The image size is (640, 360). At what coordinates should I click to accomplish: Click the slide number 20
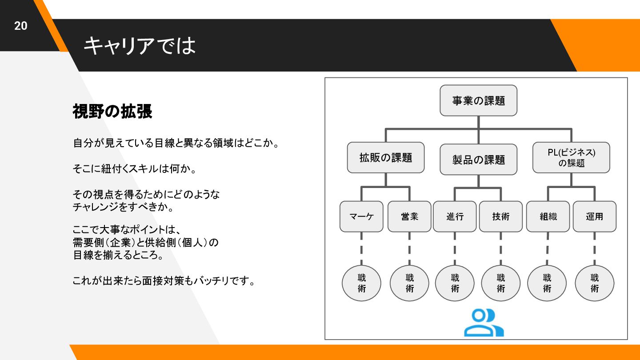(21, 26)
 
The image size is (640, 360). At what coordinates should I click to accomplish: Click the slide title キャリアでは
(140, 45)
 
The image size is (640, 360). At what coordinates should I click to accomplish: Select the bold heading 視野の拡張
(112, 112)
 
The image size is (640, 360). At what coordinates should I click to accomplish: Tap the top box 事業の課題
(478, 101)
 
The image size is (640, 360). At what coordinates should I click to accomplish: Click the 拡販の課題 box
(386, 157)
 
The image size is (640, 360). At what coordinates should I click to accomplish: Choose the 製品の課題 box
(478, 160)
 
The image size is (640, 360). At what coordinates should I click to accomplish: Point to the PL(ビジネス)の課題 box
(571, 158)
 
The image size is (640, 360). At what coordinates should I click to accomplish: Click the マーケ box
(361, 216)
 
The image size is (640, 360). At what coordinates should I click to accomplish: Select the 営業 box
(409, 216)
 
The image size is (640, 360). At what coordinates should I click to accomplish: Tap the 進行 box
(455, 216)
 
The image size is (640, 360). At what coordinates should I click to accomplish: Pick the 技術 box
(501, 216)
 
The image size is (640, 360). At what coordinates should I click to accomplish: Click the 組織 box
(548, 216)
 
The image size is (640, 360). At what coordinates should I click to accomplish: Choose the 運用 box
(594, 216)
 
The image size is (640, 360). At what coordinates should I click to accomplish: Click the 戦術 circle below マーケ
(361, 283)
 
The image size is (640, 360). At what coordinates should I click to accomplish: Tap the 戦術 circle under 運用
(594, 283)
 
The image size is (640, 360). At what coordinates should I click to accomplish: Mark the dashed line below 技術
(501, 249)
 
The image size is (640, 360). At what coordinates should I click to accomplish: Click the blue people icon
(484, 323)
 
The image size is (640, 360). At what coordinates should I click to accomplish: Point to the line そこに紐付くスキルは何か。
(135, 169)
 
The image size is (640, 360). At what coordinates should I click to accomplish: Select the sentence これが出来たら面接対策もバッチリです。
(164, 281)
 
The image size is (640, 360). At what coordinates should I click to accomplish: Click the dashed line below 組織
(548, 249)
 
